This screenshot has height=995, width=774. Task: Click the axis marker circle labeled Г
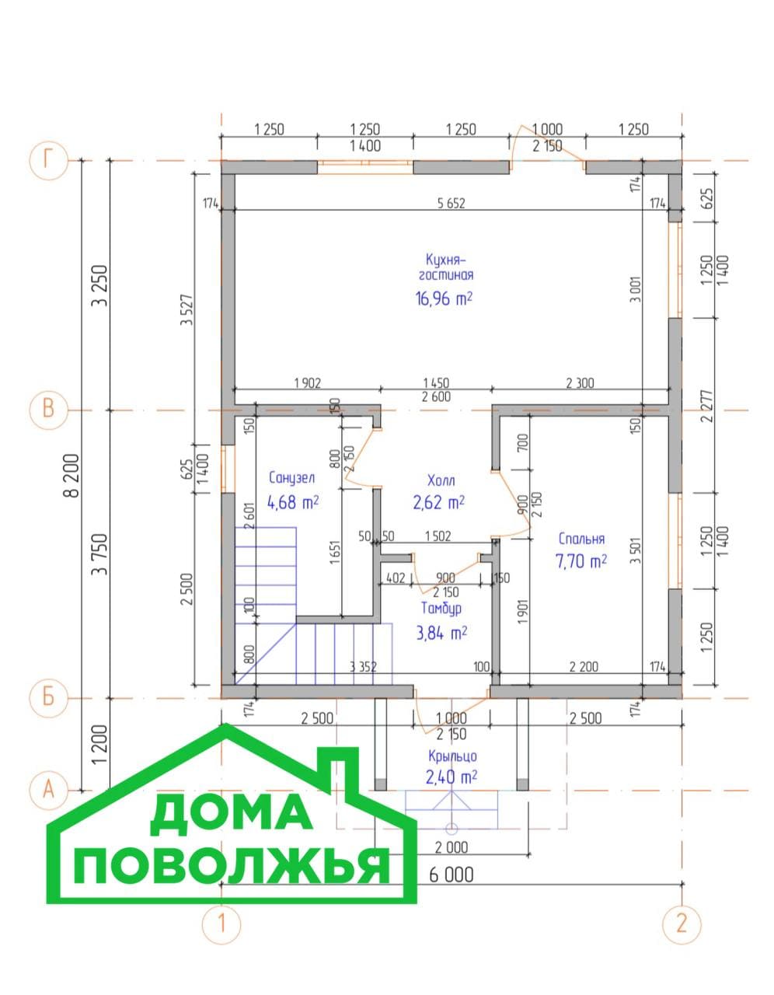coord(48,161)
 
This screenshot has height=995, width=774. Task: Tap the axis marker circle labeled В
coord(48,410)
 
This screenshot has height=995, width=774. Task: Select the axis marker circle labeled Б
coord(48,698)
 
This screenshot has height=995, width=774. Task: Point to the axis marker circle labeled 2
coord(682,923)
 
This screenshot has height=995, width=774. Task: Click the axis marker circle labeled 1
coord(221,923)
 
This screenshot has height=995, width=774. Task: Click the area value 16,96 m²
coord(444,299)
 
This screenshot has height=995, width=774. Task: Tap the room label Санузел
coord(292,478)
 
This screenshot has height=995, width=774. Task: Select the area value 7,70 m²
coord(581,560)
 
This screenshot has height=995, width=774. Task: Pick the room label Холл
coord(441,480)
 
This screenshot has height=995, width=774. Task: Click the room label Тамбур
coord(441,609)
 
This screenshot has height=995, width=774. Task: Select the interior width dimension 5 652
coord(451,204)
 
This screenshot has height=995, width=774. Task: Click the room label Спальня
coord(582,539)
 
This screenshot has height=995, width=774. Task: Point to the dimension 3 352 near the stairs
coord(363,667)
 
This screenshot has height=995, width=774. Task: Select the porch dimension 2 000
coord(451,848)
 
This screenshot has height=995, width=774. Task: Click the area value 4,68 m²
coord(293,503)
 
